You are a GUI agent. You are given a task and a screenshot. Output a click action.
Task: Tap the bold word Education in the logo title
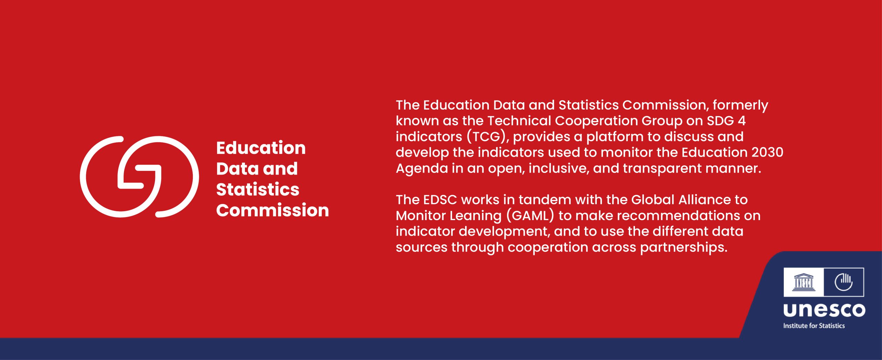click(x=261, y=148)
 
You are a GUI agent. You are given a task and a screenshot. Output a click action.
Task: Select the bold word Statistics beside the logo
click(x=258, y=189)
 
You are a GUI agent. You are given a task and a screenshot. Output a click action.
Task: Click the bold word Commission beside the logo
click(x=273, y=210)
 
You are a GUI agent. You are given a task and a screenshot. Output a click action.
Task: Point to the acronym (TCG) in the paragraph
click(x=486, y=137)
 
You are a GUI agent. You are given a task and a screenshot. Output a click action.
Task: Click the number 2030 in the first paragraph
click(x=767, y=152)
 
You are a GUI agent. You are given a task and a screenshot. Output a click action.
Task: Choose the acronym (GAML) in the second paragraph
click(x=530, y=216)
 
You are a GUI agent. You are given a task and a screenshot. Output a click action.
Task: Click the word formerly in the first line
click(x=740, y=105)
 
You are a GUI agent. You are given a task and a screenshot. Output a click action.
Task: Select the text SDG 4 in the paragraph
click(x=726, y=121)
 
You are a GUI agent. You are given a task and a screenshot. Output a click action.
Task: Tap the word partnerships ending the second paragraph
click(x=684, y=248)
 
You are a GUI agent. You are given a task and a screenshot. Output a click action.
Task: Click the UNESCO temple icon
click(x=804, y=282)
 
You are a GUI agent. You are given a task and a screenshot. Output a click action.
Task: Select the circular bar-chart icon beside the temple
click(x=843, y=282)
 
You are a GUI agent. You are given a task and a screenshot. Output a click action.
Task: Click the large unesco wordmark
click(x=824, y=310)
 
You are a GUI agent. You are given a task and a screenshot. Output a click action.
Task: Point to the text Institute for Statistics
click(x=814, y=326)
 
